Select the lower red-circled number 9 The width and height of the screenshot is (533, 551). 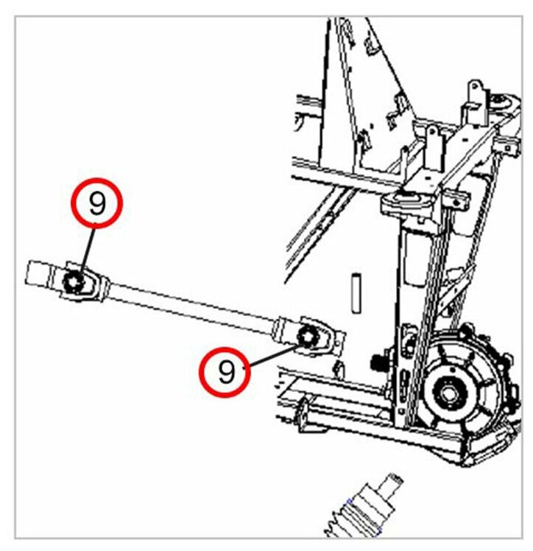tap(225, 371)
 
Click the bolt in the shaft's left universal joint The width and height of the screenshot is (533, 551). tap(75, 281)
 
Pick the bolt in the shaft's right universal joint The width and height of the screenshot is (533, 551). tap(308, 337)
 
